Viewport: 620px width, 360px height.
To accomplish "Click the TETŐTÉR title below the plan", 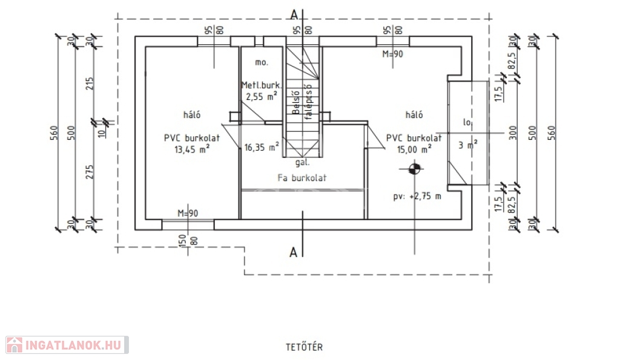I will pos(305,347).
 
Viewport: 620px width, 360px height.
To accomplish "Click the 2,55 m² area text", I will pos(262,96).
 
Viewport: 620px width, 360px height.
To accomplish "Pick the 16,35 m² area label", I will pos(262,146).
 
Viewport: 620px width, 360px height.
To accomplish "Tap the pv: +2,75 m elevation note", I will pos(417,196).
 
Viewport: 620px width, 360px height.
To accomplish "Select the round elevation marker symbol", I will pos(414,169).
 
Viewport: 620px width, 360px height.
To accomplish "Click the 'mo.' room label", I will pos(262,62).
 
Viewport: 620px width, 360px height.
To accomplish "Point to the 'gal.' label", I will pos(303,163).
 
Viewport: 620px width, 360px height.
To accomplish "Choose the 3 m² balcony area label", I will pos(467,145).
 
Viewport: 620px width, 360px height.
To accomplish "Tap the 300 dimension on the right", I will pos(513,133).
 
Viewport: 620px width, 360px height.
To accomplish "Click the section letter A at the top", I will pos(294,13).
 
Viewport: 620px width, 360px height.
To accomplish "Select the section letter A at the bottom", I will pos(294,253).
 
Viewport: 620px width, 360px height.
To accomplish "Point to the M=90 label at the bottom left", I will pos(188,213).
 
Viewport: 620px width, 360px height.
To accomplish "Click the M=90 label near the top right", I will pos(393,54).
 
